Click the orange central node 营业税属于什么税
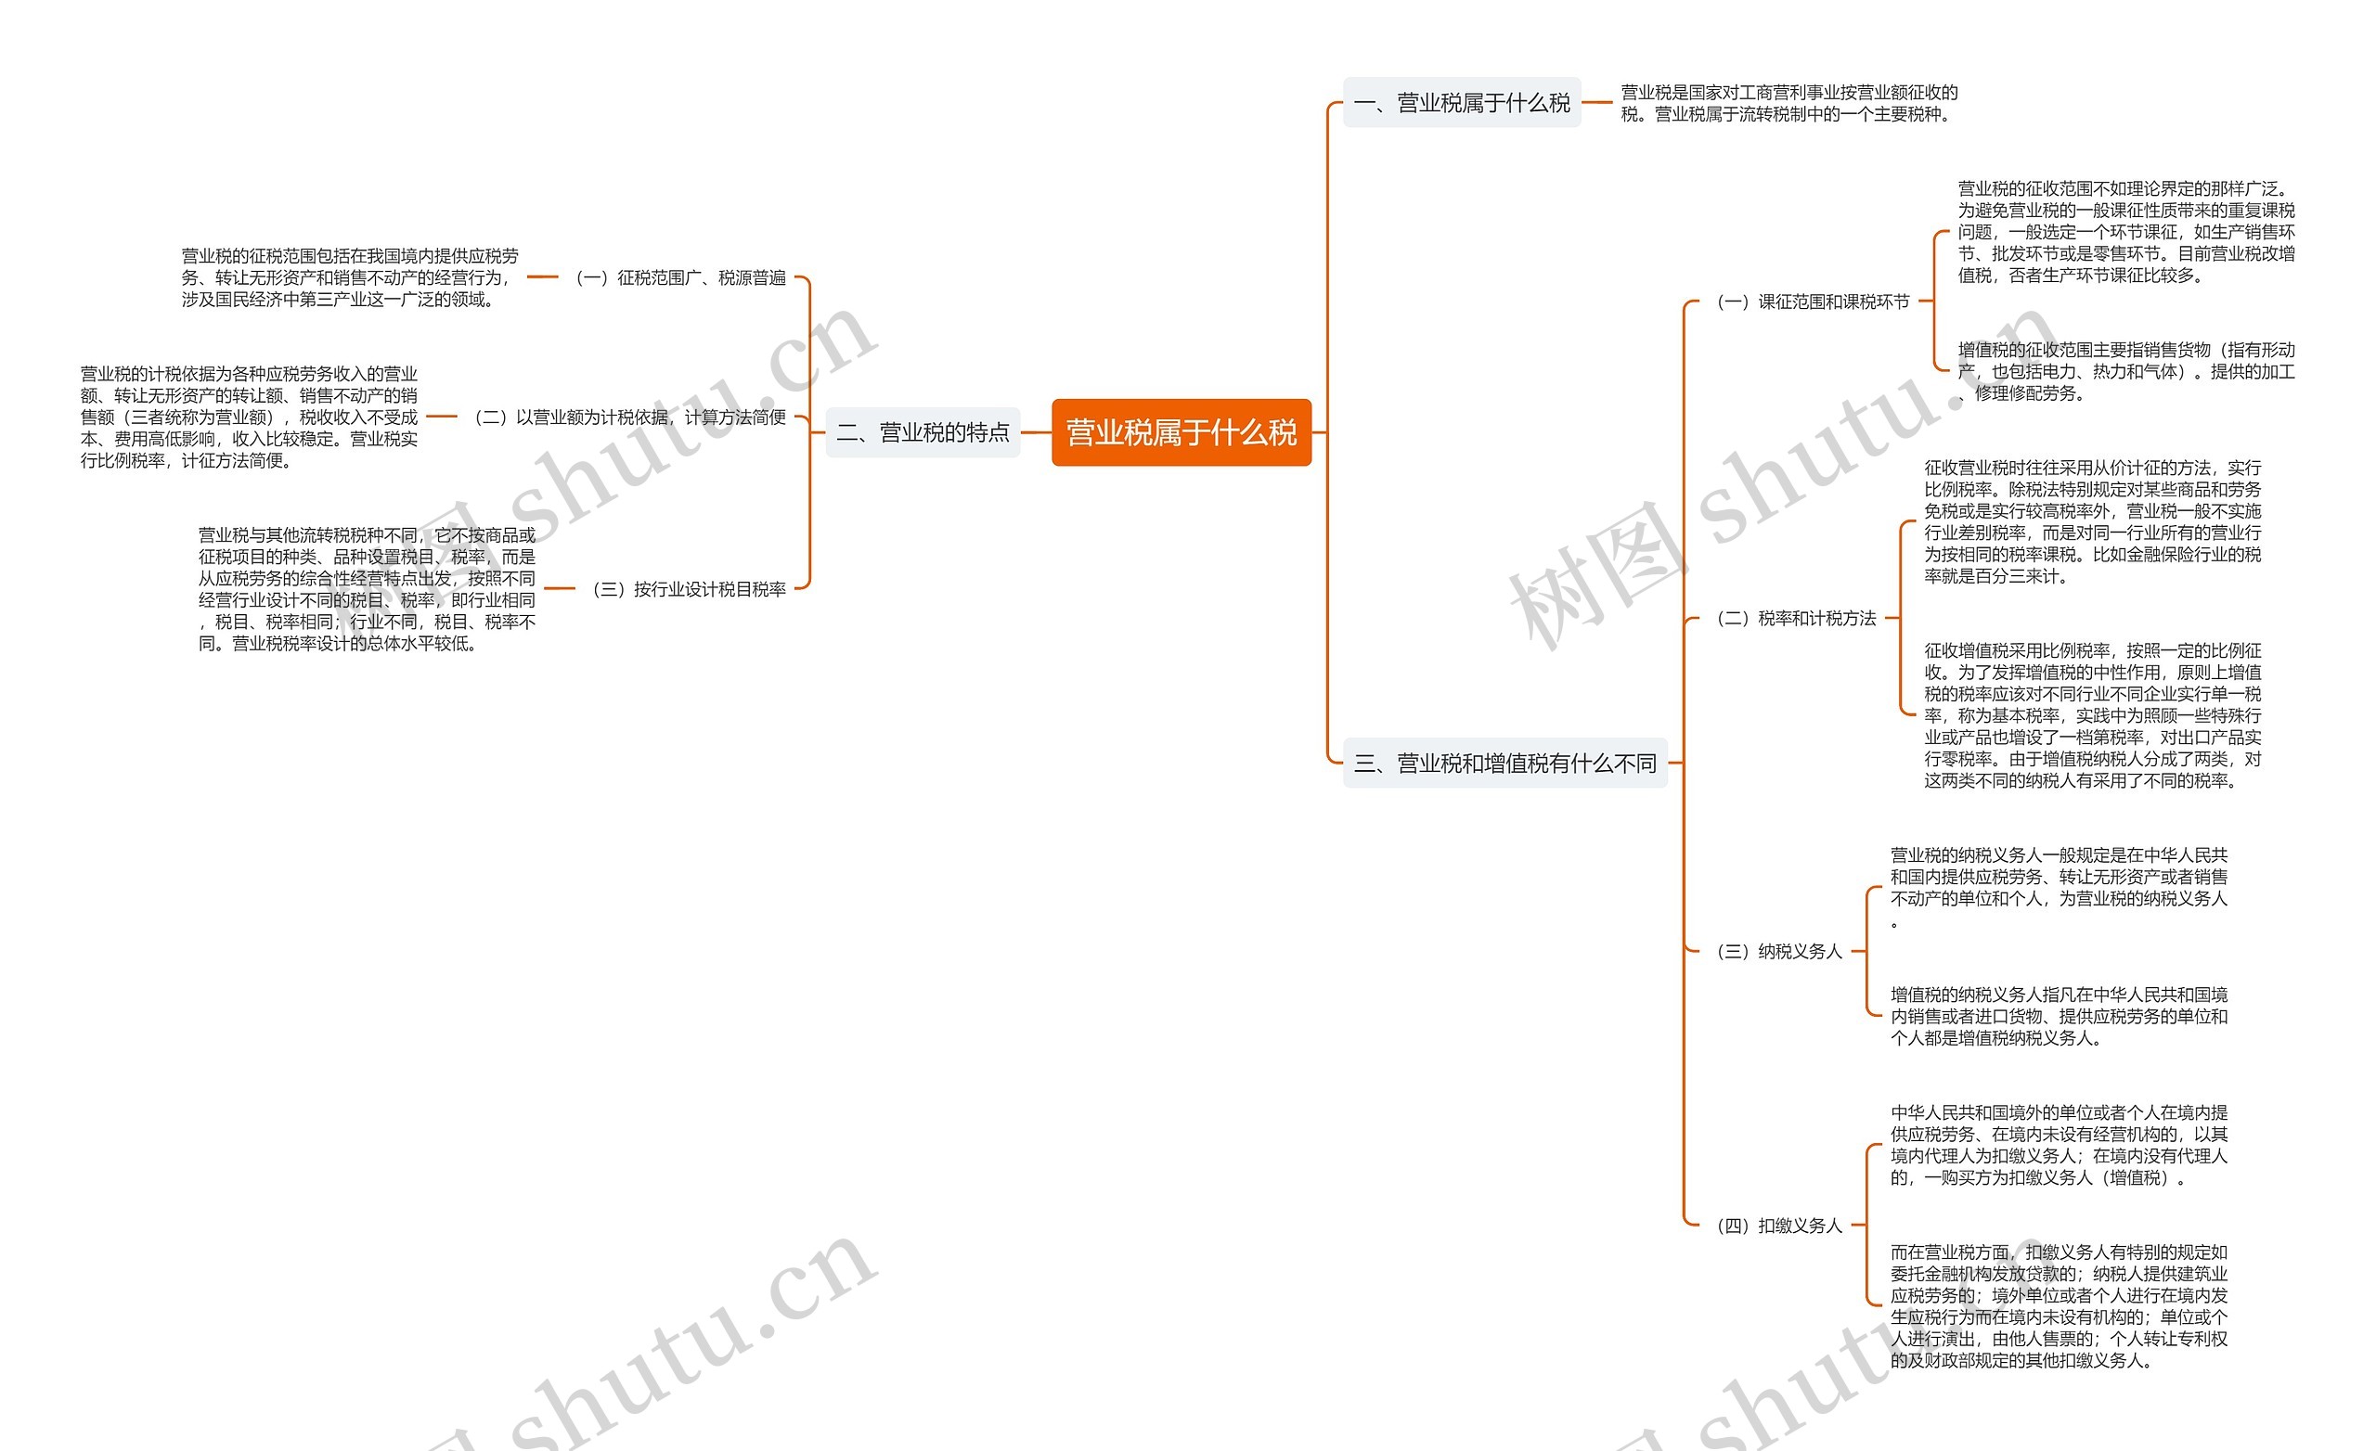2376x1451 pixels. [1181, 433]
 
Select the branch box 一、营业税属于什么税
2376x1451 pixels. [1461, 102]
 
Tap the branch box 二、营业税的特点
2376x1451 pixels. [922, 433]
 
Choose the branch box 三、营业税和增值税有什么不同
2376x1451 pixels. [1504, 764]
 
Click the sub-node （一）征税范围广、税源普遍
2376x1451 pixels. [679, 277]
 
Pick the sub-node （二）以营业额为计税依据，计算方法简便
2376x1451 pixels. [629, 417]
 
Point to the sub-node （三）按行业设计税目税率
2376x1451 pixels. [689, 589]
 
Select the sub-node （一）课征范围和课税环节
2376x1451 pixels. [1812, 302]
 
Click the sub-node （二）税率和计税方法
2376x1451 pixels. [1796, 618]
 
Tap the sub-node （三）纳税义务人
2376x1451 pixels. [1779, 952]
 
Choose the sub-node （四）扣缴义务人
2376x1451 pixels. [1779, 1226]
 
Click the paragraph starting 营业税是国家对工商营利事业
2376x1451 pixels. [1788, 103]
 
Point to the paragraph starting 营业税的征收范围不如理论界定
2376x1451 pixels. [2125, 232]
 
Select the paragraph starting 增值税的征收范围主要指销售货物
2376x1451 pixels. [2125, 371]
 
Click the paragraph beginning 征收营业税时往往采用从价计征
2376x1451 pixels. [2092, 521]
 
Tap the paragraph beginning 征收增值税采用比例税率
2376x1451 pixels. [2092, 715]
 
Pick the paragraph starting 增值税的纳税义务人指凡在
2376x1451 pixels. [2058, 1016]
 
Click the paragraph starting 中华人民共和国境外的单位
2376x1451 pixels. [2058, 1145]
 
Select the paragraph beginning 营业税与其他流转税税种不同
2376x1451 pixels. [367, 589]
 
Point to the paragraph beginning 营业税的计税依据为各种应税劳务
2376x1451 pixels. [249, 417]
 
